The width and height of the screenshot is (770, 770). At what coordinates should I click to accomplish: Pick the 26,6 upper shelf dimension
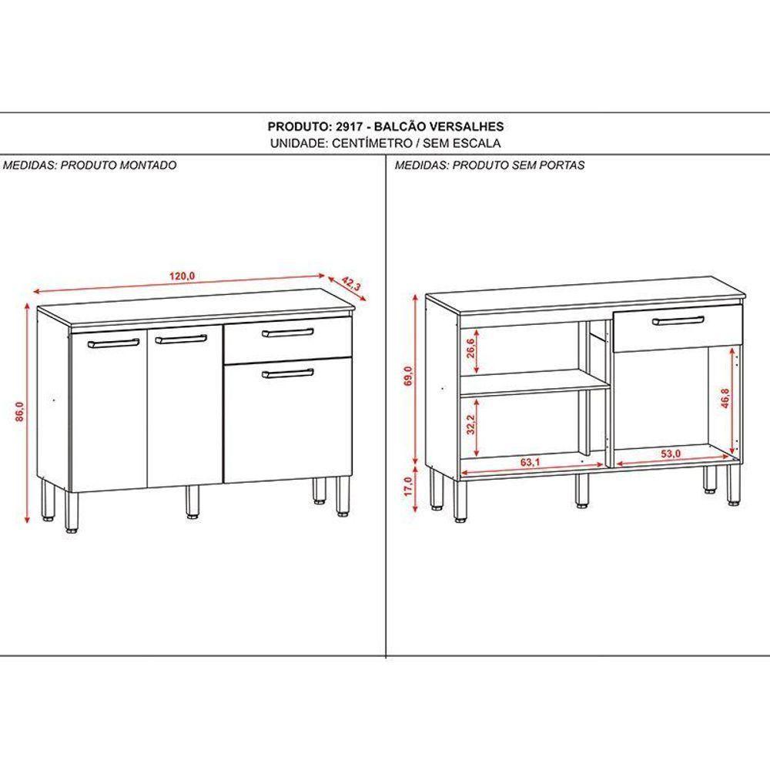(469, 350)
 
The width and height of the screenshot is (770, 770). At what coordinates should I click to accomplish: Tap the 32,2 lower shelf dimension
(469, 424)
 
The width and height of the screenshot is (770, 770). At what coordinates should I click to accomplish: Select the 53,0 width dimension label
(671, 454)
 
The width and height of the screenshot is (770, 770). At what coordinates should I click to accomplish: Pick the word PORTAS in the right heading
(563, 165)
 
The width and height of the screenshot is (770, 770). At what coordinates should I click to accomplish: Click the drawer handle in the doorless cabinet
(677, 320)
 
